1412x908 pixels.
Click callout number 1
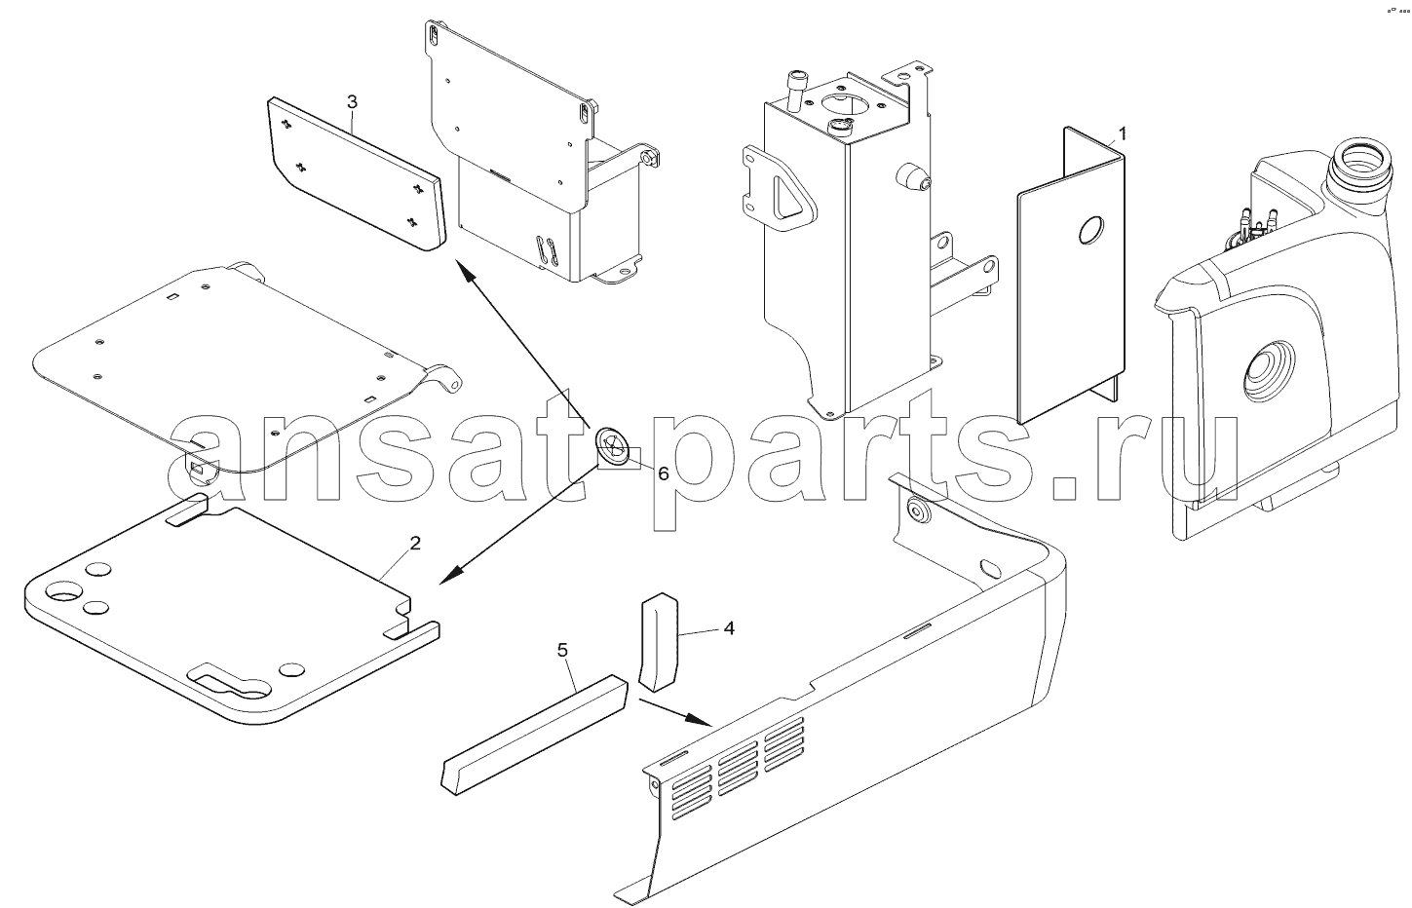(x=1122, y=134)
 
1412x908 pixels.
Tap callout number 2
(x=414, y=544)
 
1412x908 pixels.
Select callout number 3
(x=352, y=101)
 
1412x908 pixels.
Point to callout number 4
(x=729, y=628)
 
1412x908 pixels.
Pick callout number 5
(x=563, y=650)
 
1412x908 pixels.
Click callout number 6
(x=664, y=473)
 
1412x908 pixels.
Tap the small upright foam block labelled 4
(x=658, y=641)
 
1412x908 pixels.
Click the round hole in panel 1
(x=1091, y=231)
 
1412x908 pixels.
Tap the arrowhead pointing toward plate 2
(x=451, y=574)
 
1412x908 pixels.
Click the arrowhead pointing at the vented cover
(x=699, y=719)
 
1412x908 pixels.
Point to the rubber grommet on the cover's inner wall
(x=918, y=511)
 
